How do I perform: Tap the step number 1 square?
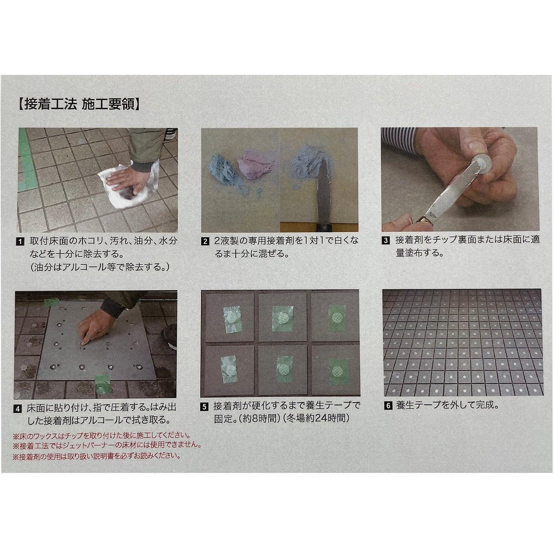[x=20, y=242]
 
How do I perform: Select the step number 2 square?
[x=205, y=242]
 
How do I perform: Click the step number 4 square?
[x=18, y=409]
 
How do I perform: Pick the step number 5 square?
[x=204, y=407]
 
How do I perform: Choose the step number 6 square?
[x=388, y=406]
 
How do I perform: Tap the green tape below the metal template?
[x=103, y=383]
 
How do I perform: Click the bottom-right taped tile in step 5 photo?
[x=335, y=370]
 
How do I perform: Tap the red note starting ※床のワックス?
[x=101, y=436]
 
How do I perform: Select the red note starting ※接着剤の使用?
[x=97, y=456]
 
